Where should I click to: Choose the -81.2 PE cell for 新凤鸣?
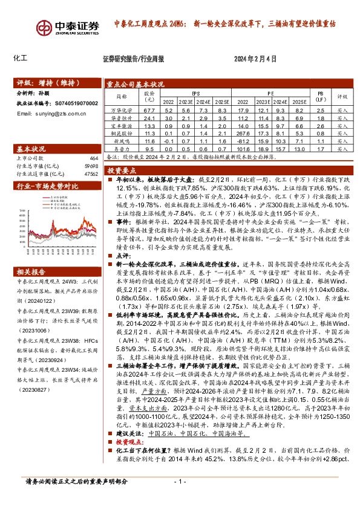click(x=243, y=140)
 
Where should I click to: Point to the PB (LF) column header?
click(x=321, y=96)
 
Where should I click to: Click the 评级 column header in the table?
click(x=342, y=96)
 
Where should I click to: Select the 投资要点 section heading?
click(x=125, y=171)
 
